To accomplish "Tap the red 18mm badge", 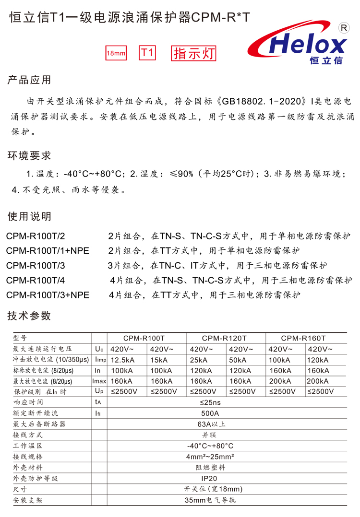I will pyautogui.click(x=116, y=53).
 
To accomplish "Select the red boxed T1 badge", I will pyautogui.click(x=147, y=53).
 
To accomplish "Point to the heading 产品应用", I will pyautogui.click(x=29, y=80).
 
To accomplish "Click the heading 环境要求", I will pyautogui.click(x=29, y=156).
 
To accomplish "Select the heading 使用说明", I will pyautogui.click(x=29, y=217).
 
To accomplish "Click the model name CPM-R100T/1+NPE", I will pyautogui.click(x=48, y=250).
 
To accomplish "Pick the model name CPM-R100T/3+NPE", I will pyautogui.click(x=48, y=294).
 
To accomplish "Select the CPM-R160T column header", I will pyautogui.click(x=303, y=338).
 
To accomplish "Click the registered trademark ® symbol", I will pyautogui.click(x=344, y=28).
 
